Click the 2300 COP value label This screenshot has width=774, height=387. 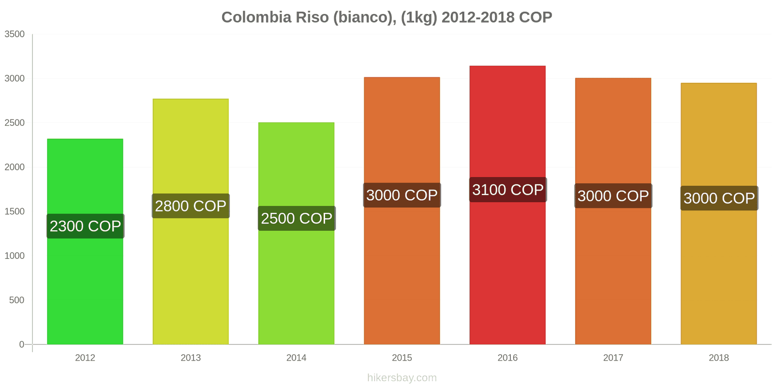click(85, 226)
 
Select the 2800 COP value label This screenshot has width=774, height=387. click(191, 206)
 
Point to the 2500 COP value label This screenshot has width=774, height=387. click(297, 218)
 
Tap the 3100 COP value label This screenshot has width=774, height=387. click(507, 190)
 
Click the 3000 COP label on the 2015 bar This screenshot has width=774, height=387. click(402, 195)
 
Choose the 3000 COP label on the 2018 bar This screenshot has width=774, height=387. click(719, 198)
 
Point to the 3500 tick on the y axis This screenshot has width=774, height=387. click(15, 34)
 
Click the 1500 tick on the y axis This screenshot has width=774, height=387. click(15, 211)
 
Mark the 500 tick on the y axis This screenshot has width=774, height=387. click(16, 300)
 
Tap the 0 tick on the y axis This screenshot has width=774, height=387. click(21, 344)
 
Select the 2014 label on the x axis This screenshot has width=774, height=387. click(296, 357)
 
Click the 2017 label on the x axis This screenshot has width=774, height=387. click(613, 357)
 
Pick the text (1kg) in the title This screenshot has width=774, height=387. click(419, 17)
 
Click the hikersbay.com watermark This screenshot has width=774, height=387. click(402, 378)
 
